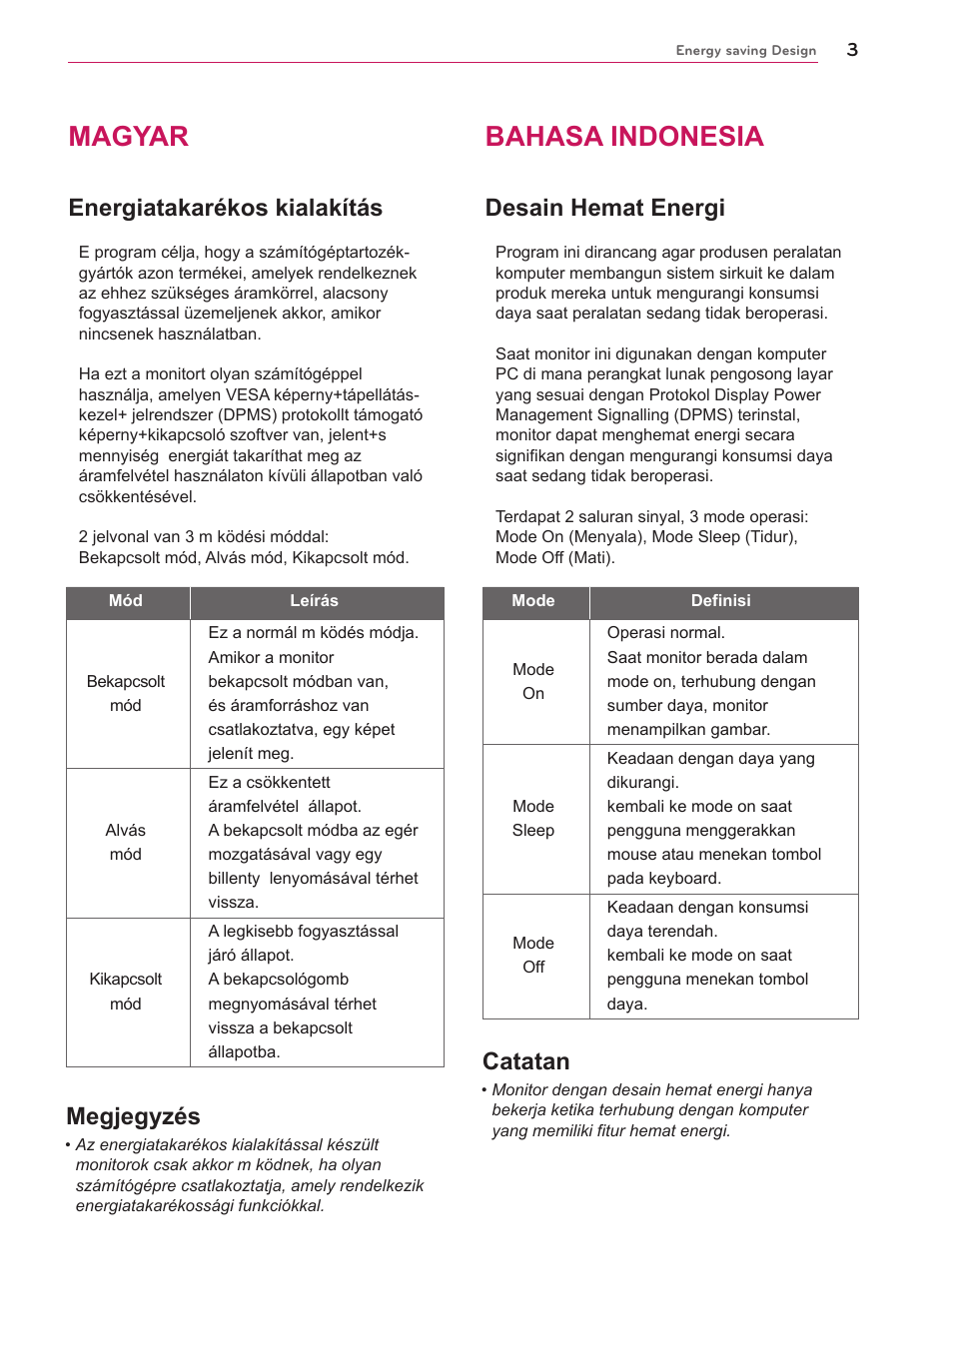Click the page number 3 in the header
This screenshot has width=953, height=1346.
(x=851, y=50)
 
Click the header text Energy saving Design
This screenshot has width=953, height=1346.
(x=745, y=51)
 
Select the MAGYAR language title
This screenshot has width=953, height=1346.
(x=128, y=137)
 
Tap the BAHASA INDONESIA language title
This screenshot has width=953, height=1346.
(x=623, y=137)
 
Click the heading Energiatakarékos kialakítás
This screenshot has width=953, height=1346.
(x=225, y=208)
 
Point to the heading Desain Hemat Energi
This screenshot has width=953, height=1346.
(x=604, y=208)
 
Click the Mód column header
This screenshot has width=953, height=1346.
(x=126, y=601)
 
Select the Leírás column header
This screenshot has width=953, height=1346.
(x=314, y=601)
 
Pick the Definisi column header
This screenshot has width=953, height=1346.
(x=720, y=601)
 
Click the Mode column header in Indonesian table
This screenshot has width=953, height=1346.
(x=533, y=601)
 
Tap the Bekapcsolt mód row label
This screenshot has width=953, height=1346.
(x=126, y=693)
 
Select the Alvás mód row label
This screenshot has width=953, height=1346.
(x=126, y=842)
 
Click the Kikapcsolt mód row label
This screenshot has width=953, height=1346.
(x=126, y=991)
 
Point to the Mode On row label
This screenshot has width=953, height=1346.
(x=533, y=681)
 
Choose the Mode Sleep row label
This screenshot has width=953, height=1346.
(x=533, y=818)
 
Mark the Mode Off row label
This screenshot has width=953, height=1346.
(x=533, y=955)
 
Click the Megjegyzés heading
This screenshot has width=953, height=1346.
(x=133, y=1116)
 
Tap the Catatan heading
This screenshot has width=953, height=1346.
(x=525, y=1061)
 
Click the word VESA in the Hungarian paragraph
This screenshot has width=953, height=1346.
(x=248, y=394)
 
